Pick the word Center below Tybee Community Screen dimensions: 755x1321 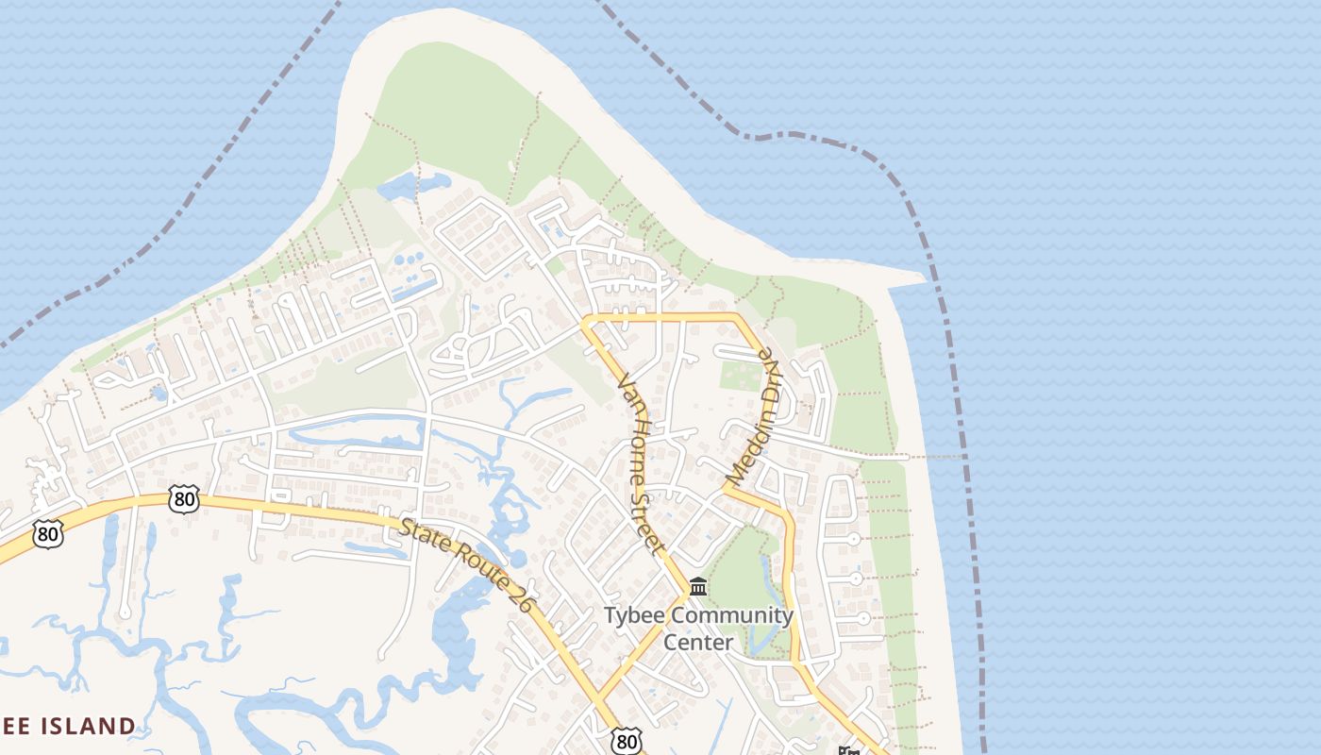(698, 643)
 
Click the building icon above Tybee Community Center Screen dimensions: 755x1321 (698, 587)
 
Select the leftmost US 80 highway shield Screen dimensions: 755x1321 (47, 534)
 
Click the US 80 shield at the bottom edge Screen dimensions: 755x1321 (626, 741)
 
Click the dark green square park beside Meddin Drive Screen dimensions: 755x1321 (740, 375)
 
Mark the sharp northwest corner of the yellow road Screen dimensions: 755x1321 (585, 321)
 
